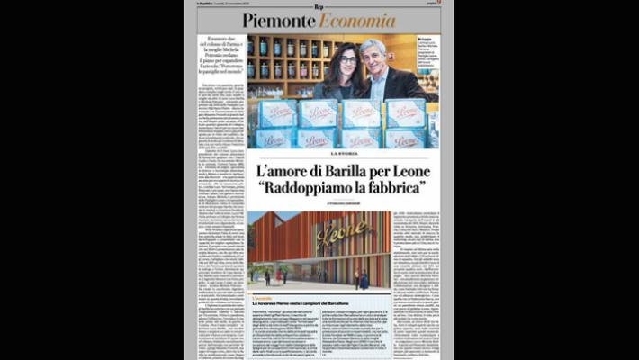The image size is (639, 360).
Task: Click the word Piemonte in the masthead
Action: click(x=275, y=21)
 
